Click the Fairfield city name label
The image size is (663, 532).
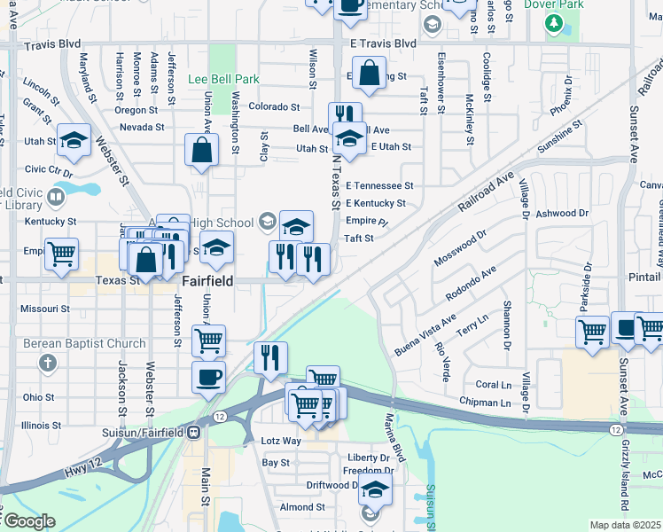click(x=207, y=280)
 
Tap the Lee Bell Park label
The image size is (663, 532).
click(x=223, y=79)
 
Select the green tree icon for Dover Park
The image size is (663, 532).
click(x=555, y=22)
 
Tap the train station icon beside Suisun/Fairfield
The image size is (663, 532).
click(x=192, y=432)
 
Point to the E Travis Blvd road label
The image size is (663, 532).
click(x=382, y=43)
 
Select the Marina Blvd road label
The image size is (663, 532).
click(x=394, y=437)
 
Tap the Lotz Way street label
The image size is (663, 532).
click(x=281, y=441)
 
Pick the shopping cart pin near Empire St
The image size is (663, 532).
click(x=61, y=254)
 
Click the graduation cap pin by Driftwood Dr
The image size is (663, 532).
click(x=375, y=489)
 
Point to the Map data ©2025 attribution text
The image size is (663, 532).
click(x=625, y=525)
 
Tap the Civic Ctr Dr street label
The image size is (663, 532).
click(x=48, y=169)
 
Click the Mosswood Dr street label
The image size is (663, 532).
click(x=461, y=248)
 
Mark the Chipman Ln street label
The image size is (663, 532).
click(x=485, y=403)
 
